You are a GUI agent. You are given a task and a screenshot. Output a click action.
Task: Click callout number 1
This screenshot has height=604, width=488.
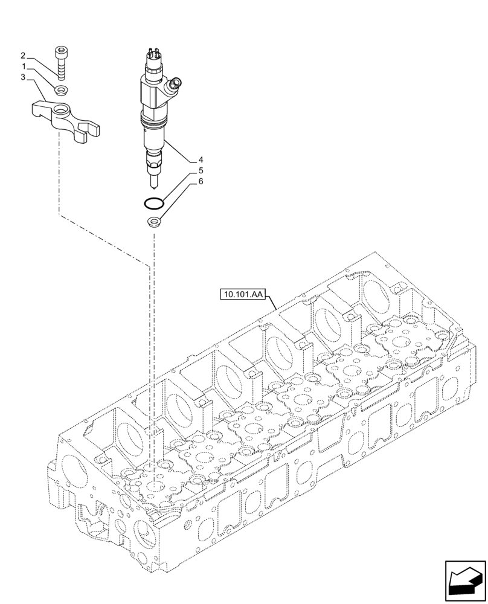pyautogui.click(x=24, y=66)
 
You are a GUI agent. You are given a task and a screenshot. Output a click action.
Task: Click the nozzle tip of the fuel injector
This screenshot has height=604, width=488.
pyautogui.click(x=153, y=181)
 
